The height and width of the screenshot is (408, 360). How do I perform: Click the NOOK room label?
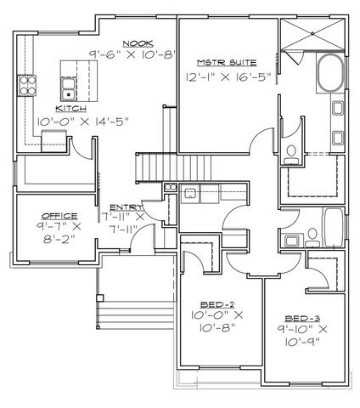pos(138,43)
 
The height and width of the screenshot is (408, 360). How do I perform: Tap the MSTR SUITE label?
pos(227,62)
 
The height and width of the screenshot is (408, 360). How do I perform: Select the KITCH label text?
pos(70,109)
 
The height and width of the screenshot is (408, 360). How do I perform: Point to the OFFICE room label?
pos(59,216)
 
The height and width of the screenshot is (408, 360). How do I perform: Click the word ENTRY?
pos(127,207)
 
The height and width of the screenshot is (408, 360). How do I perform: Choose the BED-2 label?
pos(217,305)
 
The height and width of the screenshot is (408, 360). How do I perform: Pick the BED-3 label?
pos(302,319)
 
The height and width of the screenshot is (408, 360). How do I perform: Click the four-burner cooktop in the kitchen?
pos(27,85)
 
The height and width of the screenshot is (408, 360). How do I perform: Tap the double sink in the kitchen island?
pos(68,89)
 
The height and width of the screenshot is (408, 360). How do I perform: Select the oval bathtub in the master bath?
pos(330,72)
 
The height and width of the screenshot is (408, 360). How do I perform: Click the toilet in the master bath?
pos(291,155)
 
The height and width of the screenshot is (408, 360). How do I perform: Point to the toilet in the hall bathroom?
pos(312,238)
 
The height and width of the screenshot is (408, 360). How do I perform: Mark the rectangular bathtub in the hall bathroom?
pos(333,228)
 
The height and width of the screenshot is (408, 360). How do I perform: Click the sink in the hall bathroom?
pos(291,241)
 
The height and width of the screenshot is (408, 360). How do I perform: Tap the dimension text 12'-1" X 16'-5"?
pos(228,77)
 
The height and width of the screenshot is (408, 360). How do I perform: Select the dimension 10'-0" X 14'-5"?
pos(83,122)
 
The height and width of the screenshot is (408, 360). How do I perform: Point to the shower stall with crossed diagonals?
pos(312,34)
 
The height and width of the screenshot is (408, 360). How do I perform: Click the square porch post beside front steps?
pos(100,297)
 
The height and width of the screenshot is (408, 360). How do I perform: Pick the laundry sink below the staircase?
pos(190,194)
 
